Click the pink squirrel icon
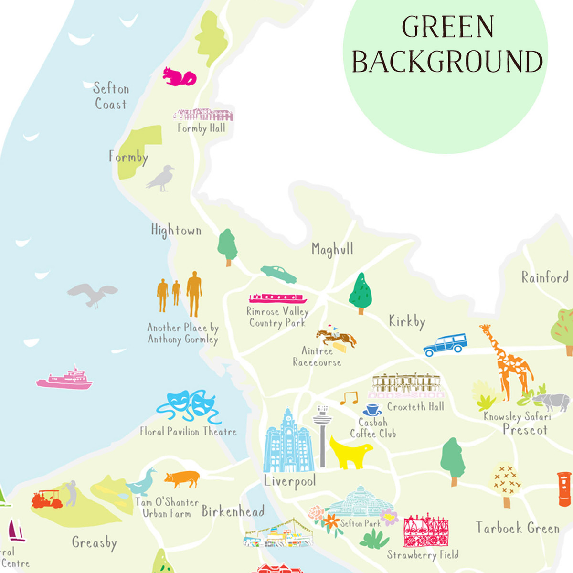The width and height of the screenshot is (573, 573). click(179, 77)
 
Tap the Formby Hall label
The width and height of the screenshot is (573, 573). click(201, 128)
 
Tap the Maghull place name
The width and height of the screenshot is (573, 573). click(332, 249)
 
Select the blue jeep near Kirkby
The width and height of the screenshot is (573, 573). click(445, 345)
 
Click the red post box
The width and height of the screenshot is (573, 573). click(564, 488)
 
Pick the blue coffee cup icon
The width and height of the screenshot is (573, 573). click(371, 410)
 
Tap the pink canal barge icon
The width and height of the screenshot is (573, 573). click(277, 298)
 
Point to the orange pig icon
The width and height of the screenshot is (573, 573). click(182, 478)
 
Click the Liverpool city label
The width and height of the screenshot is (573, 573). click(290, 481)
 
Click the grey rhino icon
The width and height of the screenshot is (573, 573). click(552, 402)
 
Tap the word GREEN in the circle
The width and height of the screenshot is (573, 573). click(447, 27)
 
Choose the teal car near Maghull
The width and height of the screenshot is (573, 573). click(278, 274)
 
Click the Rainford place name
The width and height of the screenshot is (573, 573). click(544, 277)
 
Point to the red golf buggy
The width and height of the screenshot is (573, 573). click(47, 499)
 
